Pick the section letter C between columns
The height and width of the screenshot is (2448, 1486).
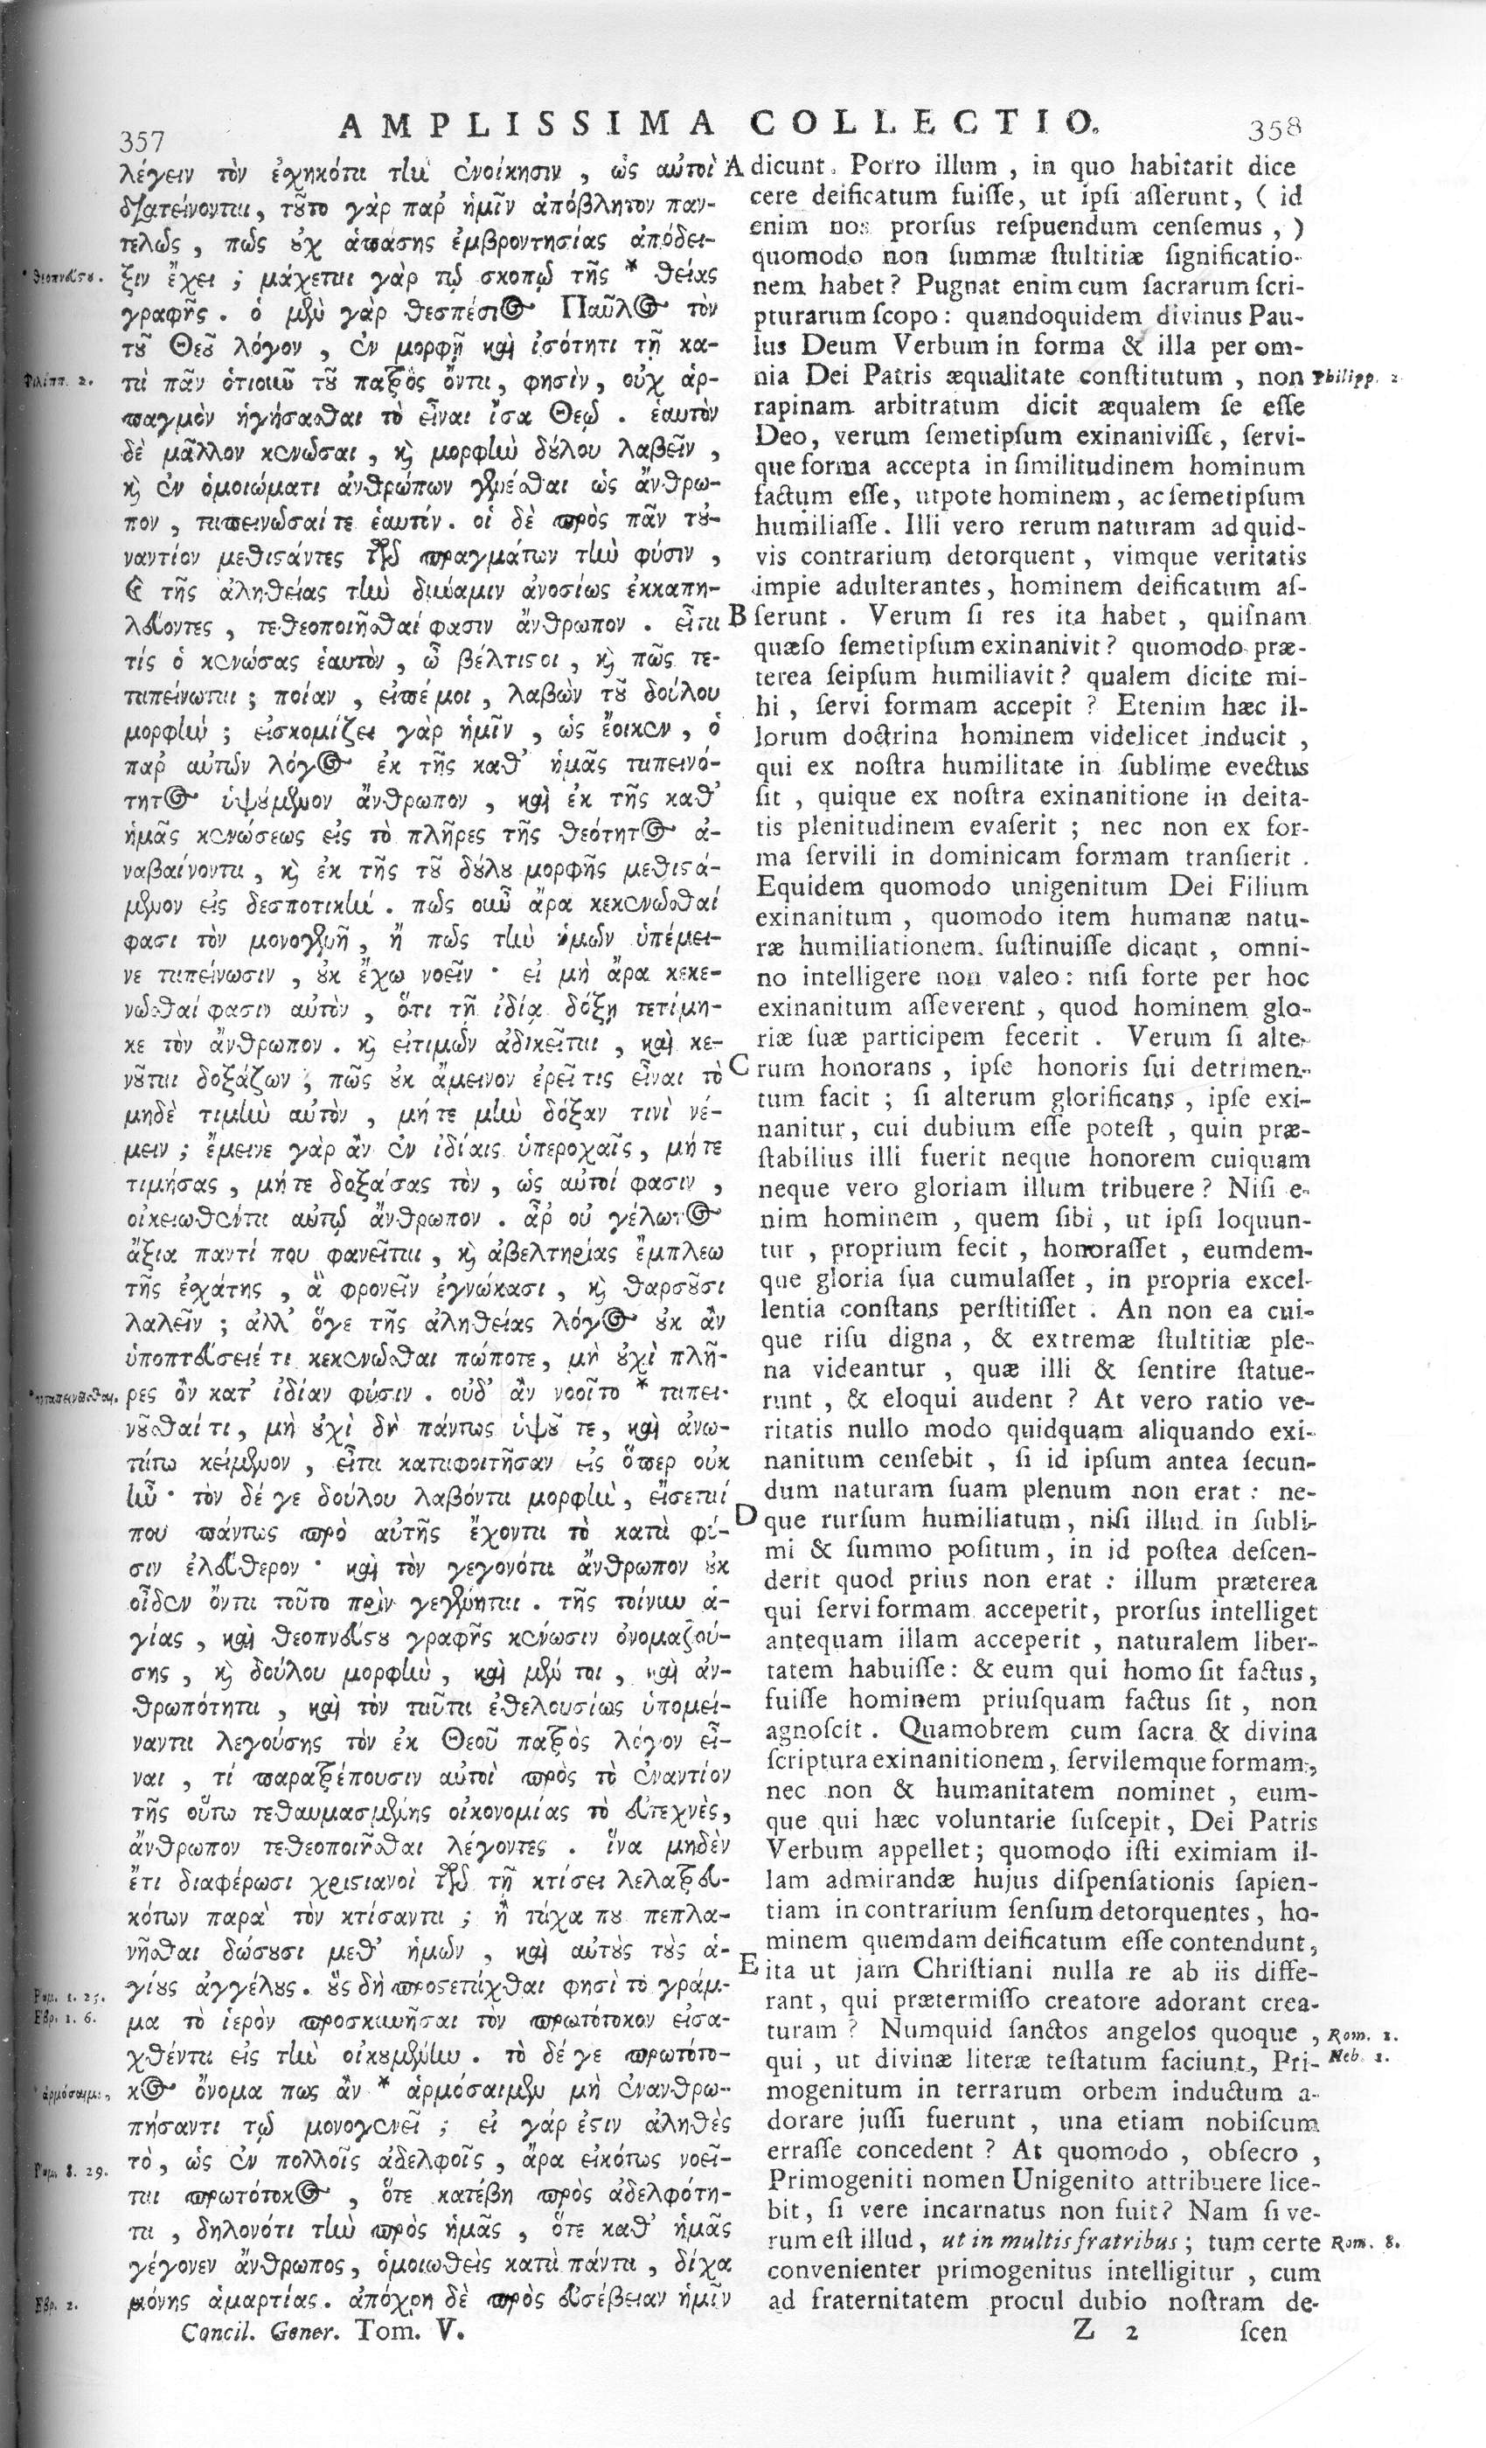pyautogui.click(x=738, y=1065)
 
